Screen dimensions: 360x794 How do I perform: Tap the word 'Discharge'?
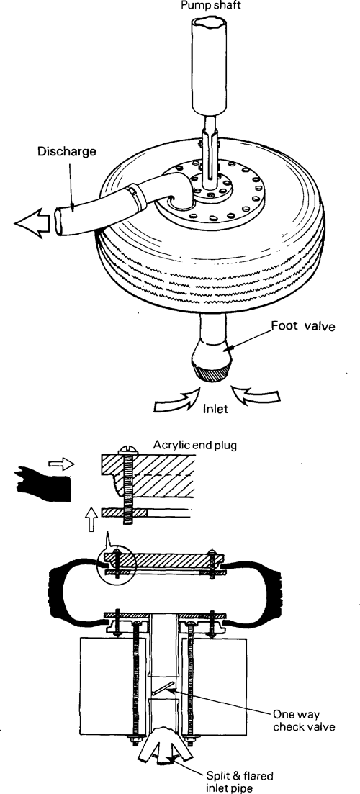tap(67, 151)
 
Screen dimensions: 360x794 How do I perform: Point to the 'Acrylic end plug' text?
tap(195, 446)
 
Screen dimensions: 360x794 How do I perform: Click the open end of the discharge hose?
tap(59, 221)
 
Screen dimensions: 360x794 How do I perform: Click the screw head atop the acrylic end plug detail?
tap(126, 450)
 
